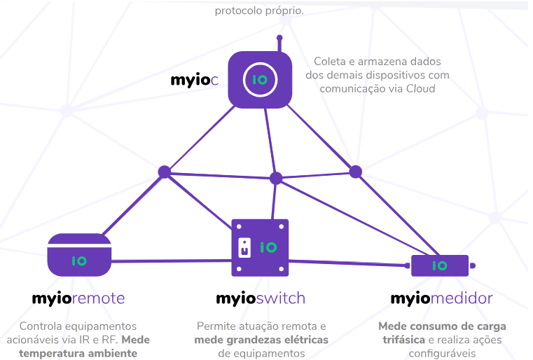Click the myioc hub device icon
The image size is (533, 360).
260,81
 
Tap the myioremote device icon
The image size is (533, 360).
80,255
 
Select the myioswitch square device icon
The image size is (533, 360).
260,247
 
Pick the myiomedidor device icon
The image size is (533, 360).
440,265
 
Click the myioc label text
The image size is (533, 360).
195,80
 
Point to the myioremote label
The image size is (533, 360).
78,298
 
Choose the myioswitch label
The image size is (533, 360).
261,298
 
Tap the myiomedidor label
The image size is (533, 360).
441,298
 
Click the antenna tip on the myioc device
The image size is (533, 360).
279,38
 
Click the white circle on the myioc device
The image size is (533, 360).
260,80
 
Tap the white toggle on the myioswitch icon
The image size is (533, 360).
244,247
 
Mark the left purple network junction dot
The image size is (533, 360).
164,172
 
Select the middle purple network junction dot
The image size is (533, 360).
276,178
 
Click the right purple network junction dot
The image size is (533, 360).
355,172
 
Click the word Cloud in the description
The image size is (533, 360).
420,88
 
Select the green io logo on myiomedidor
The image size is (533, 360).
439,265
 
